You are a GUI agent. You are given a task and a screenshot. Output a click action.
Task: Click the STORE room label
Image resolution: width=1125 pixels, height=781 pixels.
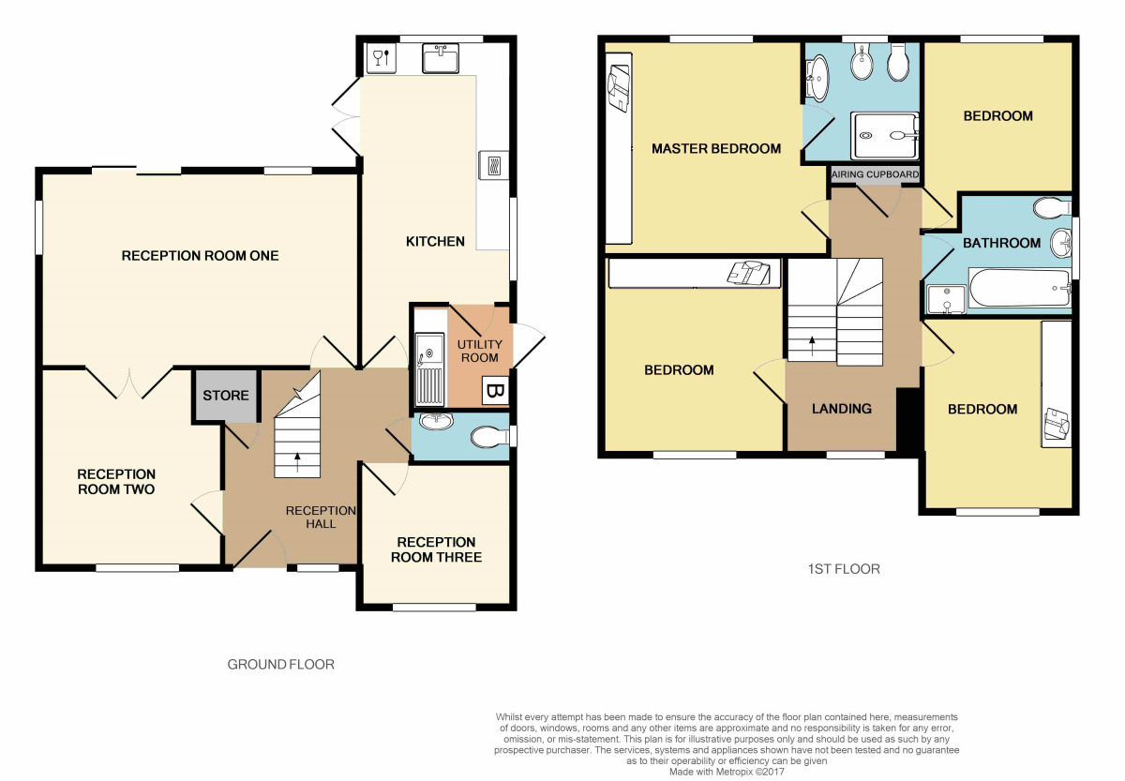point(226,396)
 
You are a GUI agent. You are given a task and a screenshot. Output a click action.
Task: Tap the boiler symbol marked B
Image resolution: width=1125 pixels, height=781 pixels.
point(496,390)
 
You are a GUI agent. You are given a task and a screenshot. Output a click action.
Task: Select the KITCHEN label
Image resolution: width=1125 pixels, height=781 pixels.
point(435,242)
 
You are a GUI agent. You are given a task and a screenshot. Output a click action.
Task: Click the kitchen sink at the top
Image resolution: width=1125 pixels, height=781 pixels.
point(441,58)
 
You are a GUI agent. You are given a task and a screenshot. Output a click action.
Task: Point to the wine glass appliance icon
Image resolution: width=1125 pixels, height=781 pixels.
point(382,58)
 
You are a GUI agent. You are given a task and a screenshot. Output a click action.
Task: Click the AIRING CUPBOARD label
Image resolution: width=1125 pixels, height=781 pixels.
point(875,174)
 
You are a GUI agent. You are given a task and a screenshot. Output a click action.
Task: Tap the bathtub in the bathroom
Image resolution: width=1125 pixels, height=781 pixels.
point(1020,288)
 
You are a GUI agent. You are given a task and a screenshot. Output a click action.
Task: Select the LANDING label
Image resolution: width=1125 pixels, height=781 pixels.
point(841,409)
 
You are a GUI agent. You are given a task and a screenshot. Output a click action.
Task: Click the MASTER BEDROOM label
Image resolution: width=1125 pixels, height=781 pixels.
point(716,149)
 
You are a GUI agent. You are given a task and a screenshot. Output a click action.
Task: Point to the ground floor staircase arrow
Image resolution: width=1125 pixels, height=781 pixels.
point(297,462)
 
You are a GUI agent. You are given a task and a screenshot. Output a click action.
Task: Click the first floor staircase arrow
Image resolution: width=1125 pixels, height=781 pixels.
point(812,346)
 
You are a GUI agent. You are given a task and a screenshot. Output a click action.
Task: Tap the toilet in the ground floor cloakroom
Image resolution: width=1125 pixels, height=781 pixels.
point(489,437)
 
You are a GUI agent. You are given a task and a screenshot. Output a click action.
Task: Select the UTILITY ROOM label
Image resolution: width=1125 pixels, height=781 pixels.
point(480,351)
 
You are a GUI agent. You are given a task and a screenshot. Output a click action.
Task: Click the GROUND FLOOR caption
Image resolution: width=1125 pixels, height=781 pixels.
point(280,665)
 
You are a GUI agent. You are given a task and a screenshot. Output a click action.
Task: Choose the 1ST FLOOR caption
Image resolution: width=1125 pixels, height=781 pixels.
point(844,569)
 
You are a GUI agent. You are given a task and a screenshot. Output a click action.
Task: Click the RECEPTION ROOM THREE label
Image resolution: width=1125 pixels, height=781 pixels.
point(436,549)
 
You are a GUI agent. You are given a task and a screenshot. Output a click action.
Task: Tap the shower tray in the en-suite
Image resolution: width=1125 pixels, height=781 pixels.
point(885,136)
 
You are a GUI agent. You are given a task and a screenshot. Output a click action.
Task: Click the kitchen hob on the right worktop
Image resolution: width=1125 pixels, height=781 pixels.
point(494,165)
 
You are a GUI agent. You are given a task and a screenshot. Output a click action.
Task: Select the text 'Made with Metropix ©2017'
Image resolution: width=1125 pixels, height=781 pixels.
point(727,772)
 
